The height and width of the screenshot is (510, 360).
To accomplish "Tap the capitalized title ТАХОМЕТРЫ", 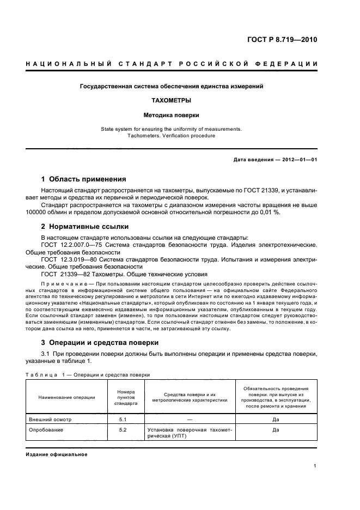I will coord(172,101).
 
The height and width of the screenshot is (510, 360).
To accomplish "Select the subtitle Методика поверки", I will coord(172,116).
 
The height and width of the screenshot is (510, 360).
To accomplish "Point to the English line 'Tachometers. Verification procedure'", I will coord(172,136).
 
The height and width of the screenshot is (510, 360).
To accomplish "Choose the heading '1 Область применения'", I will coord(84,179).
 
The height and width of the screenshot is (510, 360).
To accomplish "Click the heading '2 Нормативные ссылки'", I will coord(85,226).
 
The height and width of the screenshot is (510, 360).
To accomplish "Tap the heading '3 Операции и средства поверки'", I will coord(100,342).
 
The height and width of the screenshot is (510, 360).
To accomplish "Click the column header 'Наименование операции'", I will coord(66,397).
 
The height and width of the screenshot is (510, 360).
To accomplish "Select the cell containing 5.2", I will coord(123,430).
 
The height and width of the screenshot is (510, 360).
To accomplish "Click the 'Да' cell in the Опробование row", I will coord(276,430).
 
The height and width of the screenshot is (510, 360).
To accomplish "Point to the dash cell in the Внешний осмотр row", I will coord(190,419).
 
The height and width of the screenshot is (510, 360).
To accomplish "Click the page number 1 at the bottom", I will coord(315,466).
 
